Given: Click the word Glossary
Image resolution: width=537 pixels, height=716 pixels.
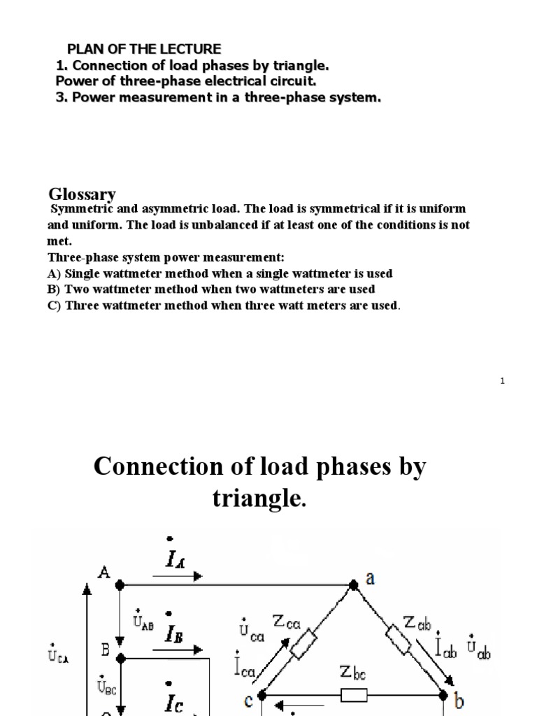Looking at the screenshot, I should click(82, 194).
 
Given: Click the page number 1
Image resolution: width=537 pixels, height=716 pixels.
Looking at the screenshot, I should click(503, 380).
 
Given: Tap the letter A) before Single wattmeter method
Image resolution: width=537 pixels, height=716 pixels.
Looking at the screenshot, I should click(54, 273).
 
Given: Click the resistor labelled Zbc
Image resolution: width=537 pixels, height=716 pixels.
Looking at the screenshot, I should click(353, 696).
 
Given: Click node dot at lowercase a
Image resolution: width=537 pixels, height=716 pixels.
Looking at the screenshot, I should click(354, 585).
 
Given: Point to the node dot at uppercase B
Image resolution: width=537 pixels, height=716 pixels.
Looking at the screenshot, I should click(120, 657).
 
